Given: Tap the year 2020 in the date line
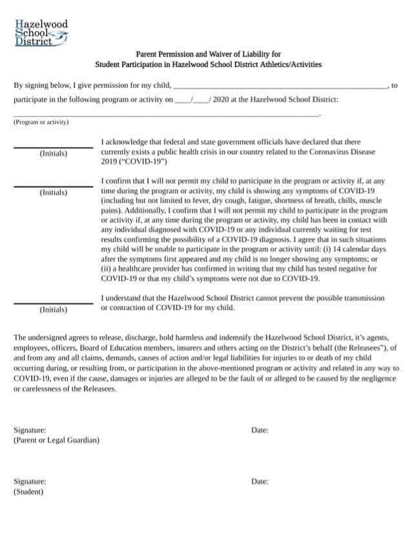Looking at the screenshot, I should click(220, 100).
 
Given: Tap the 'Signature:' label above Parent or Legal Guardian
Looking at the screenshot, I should click(30, 430).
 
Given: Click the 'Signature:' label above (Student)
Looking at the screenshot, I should click(30, 481).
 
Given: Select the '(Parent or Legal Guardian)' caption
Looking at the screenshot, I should click(57, 440).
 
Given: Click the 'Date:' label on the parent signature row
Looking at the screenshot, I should click(260, 430).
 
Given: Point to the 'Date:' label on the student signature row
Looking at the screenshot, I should click(260, 481).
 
